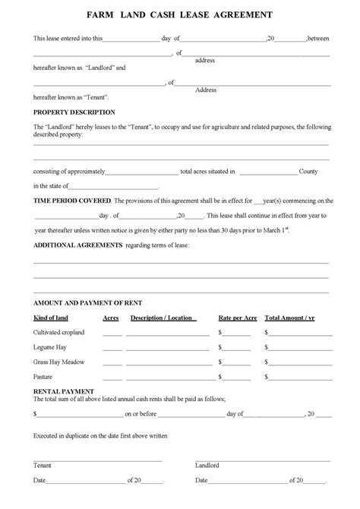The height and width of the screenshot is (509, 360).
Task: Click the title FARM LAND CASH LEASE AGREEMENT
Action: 180,14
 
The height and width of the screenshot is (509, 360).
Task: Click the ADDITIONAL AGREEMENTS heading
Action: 77,245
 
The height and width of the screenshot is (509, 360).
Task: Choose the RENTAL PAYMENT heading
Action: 59,391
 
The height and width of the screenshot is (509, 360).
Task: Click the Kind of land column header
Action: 52,318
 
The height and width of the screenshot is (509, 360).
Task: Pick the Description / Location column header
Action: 161,318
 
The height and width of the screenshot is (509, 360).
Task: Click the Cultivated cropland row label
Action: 58,332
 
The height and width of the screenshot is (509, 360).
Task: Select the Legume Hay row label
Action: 50,346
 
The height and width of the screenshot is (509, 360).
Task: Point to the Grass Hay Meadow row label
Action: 58,361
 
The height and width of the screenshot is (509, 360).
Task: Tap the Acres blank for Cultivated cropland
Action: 112,334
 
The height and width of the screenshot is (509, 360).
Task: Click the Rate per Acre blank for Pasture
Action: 238,378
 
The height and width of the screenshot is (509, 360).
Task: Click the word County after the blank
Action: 308,172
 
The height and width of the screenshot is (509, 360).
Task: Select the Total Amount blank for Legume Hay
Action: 298,349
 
